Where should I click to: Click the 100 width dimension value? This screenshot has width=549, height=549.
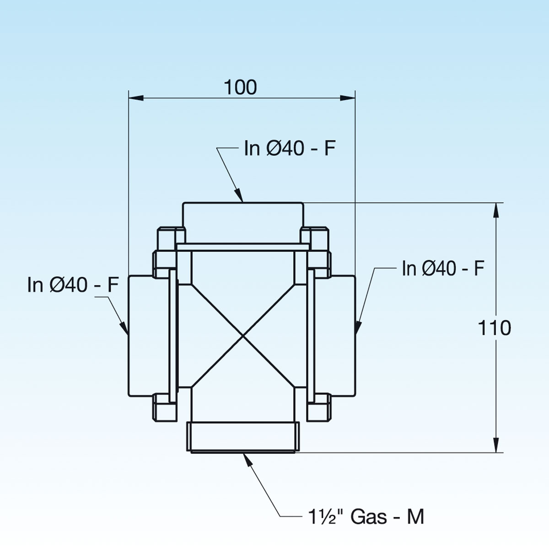coord(241,87)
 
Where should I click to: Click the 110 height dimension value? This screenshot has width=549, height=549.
coord(495,328)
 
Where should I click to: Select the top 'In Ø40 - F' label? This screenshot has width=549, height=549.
coord(290,148)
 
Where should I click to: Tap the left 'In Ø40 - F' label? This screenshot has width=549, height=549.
coord(73,285)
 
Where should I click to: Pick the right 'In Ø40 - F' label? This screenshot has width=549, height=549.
coord(442,269)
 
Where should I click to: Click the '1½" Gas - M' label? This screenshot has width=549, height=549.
coord(366,517)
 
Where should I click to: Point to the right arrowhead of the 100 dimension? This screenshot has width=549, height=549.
coord(347,97)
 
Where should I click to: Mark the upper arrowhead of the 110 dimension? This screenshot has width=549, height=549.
coord(495,210)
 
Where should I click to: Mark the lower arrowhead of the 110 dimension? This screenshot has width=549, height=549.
coord(495,445)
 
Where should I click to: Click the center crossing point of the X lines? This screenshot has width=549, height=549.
coord(242,337)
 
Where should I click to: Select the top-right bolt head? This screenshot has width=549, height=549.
coord(314,236)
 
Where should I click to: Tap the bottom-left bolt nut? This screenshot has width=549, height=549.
coord(163,407)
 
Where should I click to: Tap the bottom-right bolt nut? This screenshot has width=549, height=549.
coord(318,407)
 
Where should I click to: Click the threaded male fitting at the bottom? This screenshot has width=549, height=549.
coord(242,437)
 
